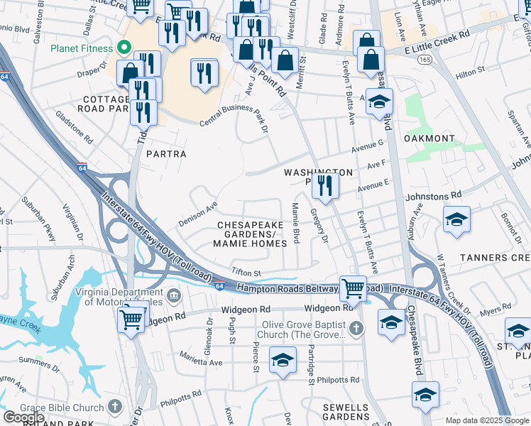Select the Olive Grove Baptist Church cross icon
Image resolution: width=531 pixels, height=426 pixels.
click(356, 328)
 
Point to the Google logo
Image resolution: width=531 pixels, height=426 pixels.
click(24, 417)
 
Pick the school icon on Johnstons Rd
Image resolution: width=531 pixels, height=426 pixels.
click(456, 219)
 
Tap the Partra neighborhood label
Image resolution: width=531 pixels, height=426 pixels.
click(166, 154)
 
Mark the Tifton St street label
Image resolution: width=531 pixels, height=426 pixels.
click(246, 273)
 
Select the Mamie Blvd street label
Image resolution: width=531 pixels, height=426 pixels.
click(295, 222)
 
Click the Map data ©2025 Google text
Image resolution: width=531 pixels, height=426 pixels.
click(486, 420)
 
